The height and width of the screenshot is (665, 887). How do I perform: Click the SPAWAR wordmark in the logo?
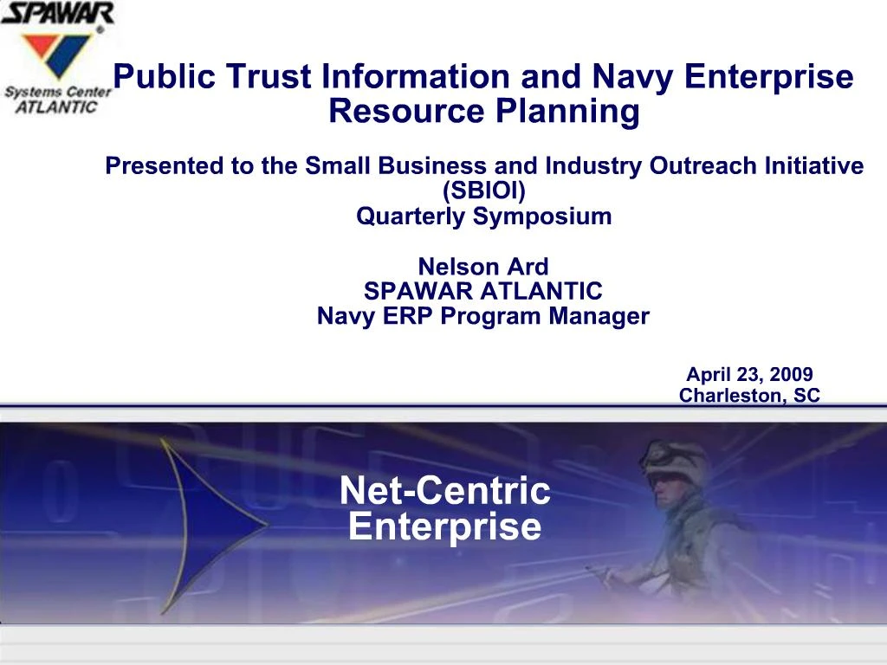click(x=57, y=14)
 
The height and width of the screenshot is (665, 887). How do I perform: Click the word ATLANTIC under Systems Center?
click(x=57, y=107)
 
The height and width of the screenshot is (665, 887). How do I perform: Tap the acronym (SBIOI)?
click(x=483, y=190)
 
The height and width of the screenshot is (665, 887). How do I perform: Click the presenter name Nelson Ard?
click(x=483, y=266)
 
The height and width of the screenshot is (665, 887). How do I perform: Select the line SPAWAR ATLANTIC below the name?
click(x=483, y=291)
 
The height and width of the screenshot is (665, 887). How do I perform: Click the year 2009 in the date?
click(x=789, y=374)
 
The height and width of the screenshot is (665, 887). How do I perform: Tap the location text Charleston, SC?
click(x=749, y=396)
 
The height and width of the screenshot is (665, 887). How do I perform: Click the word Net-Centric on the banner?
click(x=444, y=491)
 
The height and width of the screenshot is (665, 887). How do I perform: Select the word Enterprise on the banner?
click(x=444, y=526)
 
